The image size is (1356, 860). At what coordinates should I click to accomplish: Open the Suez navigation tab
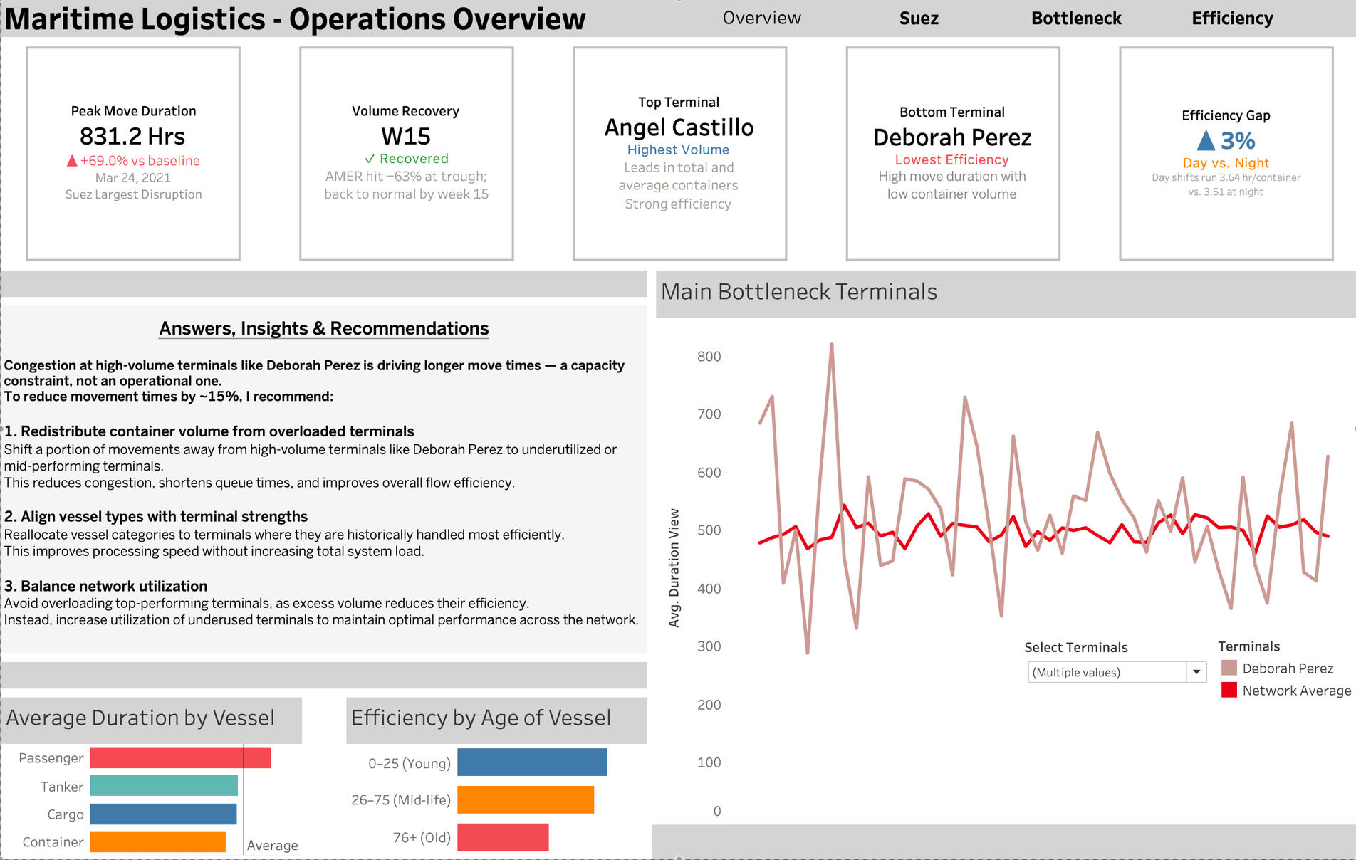click(x=919, y=19)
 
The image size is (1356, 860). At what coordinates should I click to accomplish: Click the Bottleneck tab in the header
click(x=1076, y=19)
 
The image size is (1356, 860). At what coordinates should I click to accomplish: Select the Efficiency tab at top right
click(x=1232, y=19)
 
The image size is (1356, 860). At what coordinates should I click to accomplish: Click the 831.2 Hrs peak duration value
click(x=132, y=136)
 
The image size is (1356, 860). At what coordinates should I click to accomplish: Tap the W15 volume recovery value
click(x=406, y=136)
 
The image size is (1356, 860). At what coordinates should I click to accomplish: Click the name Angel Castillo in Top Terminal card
click(x=679, y=127)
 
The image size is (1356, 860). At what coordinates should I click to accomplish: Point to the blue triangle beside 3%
click(x=1206, y=140)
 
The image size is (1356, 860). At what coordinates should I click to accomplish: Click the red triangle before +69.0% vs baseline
click(x=72, y=161)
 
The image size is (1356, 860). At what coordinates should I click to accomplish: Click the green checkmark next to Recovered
click(x=370, y=159)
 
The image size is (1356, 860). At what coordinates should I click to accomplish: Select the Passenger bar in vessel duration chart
click(x=181, y=757)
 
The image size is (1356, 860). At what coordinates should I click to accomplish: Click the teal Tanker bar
click(x=164, y=785)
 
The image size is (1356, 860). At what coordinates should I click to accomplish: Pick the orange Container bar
click(x=158, y=841)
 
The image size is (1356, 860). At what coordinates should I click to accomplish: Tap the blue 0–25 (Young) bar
click(x=532, y=762)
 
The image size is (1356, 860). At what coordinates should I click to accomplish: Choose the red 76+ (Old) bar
click(x=503, y=837)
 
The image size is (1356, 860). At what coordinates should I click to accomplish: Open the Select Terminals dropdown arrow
click(x=1196, y=672)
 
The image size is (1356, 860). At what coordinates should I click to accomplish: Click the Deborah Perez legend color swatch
click(x=1229, y=668)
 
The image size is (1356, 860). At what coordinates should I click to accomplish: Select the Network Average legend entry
click(x=1286, y=691)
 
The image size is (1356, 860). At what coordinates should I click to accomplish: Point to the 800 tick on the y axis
click(x=709, y=357)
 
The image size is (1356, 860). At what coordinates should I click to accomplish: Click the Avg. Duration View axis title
click(x=674, y=568)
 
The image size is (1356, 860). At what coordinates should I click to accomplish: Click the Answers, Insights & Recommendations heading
click(x=324, y=328)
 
